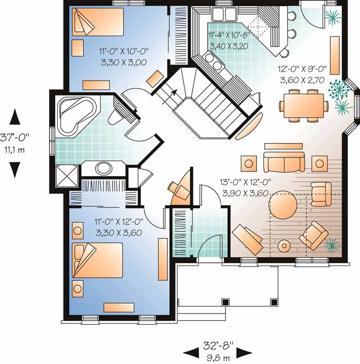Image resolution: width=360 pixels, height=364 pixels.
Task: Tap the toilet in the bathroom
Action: (x=117, y=116)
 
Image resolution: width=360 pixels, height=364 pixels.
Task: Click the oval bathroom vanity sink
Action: (x=104, y=169)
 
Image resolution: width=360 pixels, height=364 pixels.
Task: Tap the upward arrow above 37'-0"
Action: (x=15, y=117)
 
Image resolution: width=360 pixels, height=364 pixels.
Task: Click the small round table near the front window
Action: (x=284, y=246)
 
